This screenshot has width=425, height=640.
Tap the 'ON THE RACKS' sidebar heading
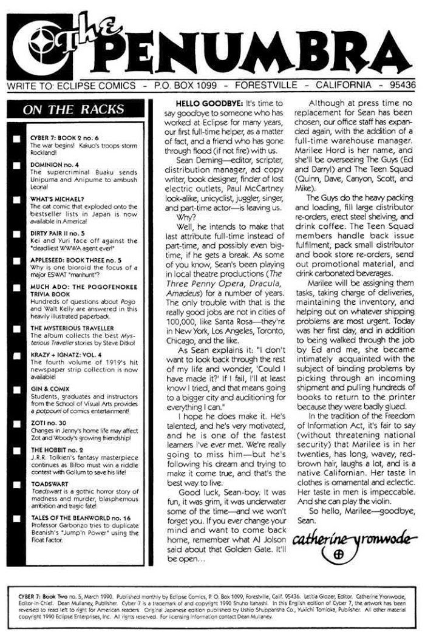point(73,110)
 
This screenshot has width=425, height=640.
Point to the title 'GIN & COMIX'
point(49,389)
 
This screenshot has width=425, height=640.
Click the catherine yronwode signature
point(345,539)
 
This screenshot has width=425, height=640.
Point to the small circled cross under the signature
point(339,554)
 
